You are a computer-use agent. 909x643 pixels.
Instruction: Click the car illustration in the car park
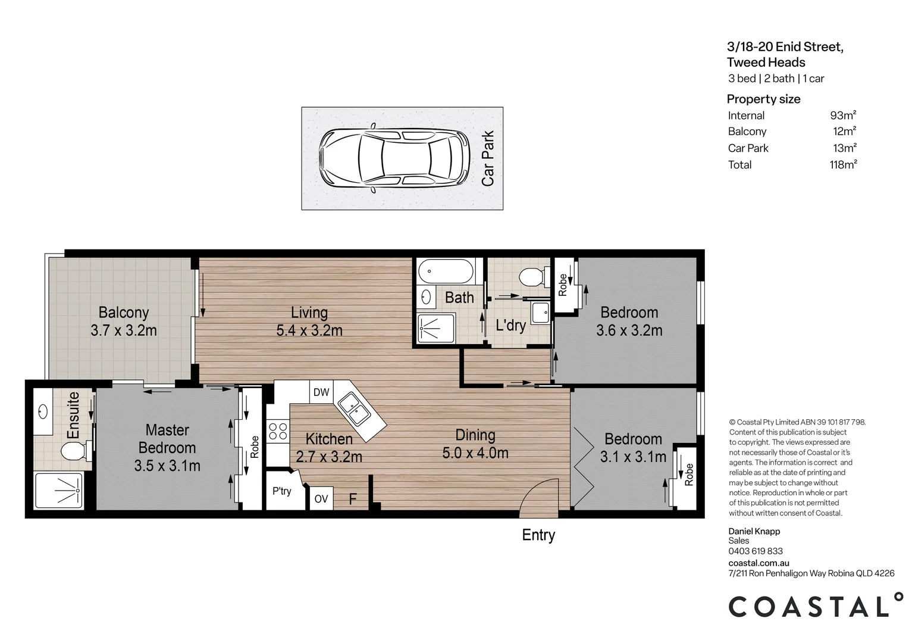tap(393, 158)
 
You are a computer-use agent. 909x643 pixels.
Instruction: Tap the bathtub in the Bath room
tap(446, 273)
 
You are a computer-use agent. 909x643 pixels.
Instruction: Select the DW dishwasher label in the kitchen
tap(321, 392)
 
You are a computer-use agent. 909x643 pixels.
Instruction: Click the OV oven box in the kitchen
tap(321, 499)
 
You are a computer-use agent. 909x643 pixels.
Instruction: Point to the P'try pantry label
tap(282, 491)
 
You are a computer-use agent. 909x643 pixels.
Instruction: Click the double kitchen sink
tap(356, 409)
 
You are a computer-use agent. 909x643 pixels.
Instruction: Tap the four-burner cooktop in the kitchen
tap(277, 431)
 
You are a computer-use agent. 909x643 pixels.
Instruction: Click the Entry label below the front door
tap(538, 535)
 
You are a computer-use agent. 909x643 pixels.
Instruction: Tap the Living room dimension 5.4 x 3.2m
tap(309, 330)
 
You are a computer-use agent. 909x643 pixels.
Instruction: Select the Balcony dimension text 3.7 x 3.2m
tap(124, 330)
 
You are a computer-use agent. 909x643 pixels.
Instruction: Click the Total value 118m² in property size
tap(843, 165)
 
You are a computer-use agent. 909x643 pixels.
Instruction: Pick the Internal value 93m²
tap(843, 116)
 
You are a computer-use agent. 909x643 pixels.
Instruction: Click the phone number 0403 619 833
tap(756, 551)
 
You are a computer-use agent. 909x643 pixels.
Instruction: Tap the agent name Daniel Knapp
tap(754, 531)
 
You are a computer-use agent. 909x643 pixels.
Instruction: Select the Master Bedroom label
tap(167, 439)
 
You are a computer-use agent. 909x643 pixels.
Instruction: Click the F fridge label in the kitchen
tap(352, 499)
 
